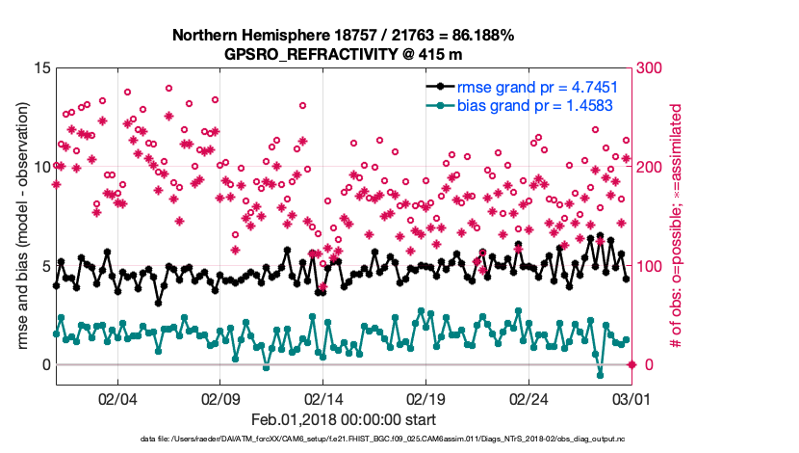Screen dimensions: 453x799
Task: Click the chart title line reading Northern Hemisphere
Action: [343, 36]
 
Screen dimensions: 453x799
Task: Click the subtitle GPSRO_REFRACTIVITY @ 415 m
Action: [343, 54]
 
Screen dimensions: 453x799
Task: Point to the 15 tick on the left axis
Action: [40, 68]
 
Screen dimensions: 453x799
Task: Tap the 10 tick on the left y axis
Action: [40, 167]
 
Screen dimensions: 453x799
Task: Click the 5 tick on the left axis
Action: [44, 266]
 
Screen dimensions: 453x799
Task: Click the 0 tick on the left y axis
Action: [44, 364]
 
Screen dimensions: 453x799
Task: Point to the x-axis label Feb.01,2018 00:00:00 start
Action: [343, 419]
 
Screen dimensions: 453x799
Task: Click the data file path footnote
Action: [383, 440]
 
